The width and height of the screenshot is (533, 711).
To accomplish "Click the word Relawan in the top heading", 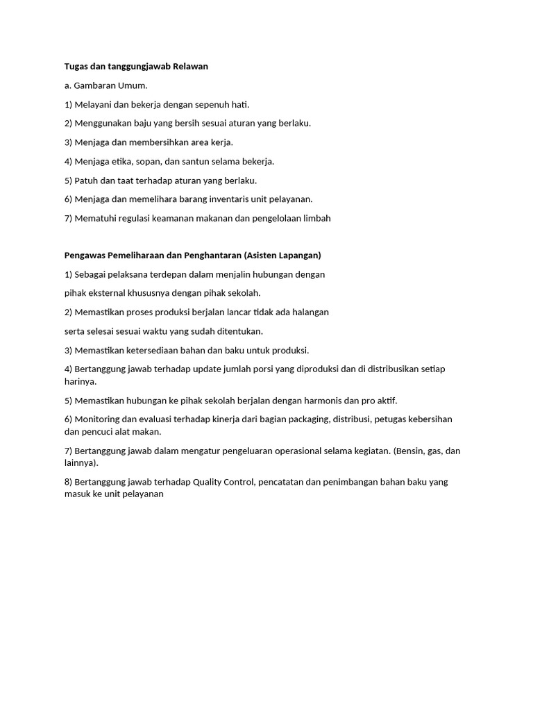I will click(x=189, y=67).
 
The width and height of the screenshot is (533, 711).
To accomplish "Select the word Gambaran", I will click(x=92, y=85).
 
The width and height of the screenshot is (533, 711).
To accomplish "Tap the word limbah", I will click(x=316, y=218).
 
